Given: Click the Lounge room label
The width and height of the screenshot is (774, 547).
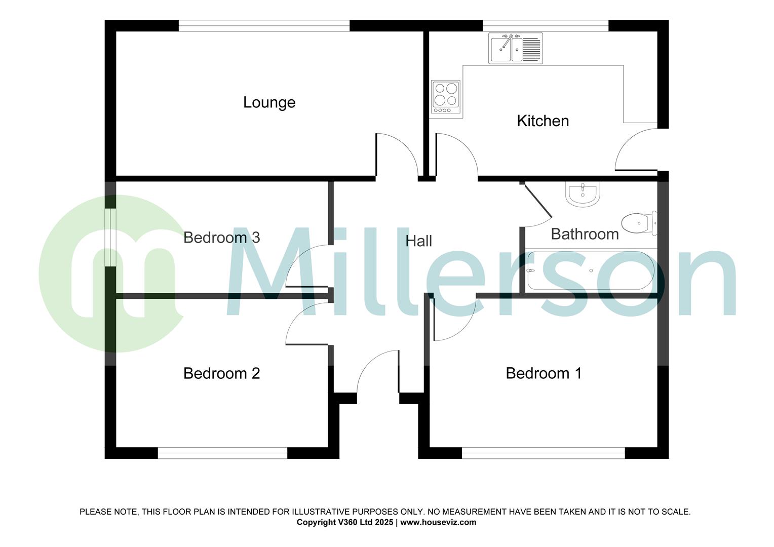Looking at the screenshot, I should tap(269, 102).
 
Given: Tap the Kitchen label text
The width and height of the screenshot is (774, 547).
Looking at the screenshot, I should tap(543, 121).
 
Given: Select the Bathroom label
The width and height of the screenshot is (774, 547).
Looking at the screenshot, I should tap(585, 234).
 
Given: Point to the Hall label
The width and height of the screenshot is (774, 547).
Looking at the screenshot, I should tap(418, 241).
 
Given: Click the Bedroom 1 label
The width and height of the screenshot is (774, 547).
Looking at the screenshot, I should tap(544, 373).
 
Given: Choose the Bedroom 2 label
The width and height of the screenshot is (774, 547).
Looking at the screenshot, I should tap(221, 373).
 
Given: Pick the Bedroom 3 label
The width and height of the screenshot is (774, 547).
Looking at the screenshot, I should tap(221, 237).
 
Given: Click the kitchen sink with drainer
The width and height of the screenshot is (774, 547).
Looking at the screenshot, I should tap(515, 49).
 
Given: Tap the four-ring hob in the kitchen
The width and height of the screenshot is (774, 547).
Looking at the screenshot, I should tap(446, 97).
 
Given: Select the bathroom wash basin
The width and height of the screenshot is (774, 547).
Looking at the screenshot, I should tap(583, 194).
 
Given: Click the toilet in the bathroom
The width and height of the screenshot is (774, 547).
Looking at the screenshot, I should tap(639, 223).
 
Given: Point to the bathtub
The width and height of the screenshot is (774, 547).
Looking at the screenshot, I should tap(591, 270).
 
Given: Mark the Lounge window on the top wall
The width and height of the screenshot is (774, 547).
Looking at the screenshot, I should tap(264, 26).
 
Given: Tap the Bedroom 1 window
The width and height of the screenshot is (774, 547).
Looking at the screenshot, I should tap(543, 453).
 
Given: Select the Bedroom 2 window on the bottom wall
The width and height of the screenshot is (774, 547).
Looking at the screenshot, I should tap(222, 453).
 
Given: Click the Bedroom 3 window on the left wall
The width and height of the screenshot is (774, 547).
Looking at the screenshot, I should tap(110, 237).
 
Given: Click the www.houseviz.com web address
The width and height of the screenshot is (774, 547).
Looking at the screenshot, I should tap(438, 522).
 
